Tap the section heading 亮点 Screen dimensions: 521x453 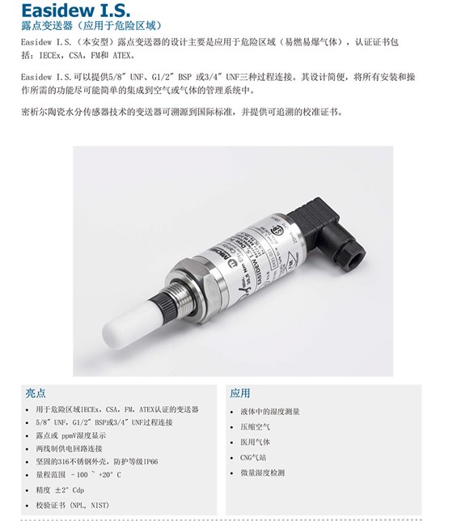coord(36,392)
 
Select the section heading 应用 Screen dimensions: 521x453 coord(240,392)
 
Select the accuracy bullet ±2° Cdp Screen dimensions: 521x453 coord(61,490)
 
